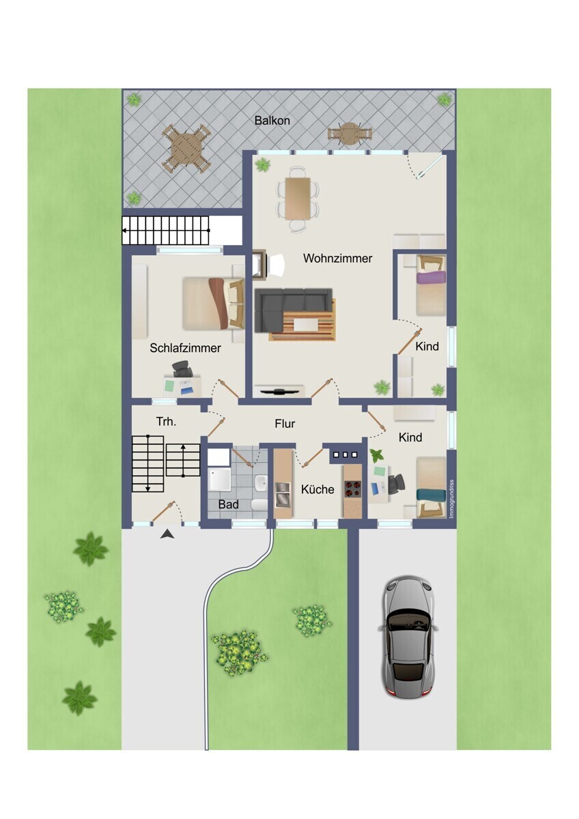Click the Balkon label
click(x=272, y=120)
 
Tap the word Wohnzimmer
click(x=337, y=258)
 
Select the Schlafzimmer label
click(x=185, y=347)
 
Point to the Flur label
click(x=285, y=423)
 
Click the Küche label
click(x=317, y=489)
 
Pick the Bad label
click(x=228, y=504)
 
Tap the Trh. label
click(x=166, y=422)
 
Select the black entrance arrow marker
click(x=167, y=534)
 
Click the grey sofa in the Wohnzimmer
click(x=293, y=310)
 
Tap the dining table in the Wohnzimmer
click(x=298, y=198)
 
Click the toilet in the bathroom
click(x=259, y=504)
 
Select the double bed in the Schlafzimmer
click(x=213, y=304)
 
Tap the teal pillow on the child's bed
click(x=432, y=495)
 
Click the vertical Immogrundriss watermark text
click(x=451, y=498)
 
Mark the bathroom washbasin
click(x=261, y=483)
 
